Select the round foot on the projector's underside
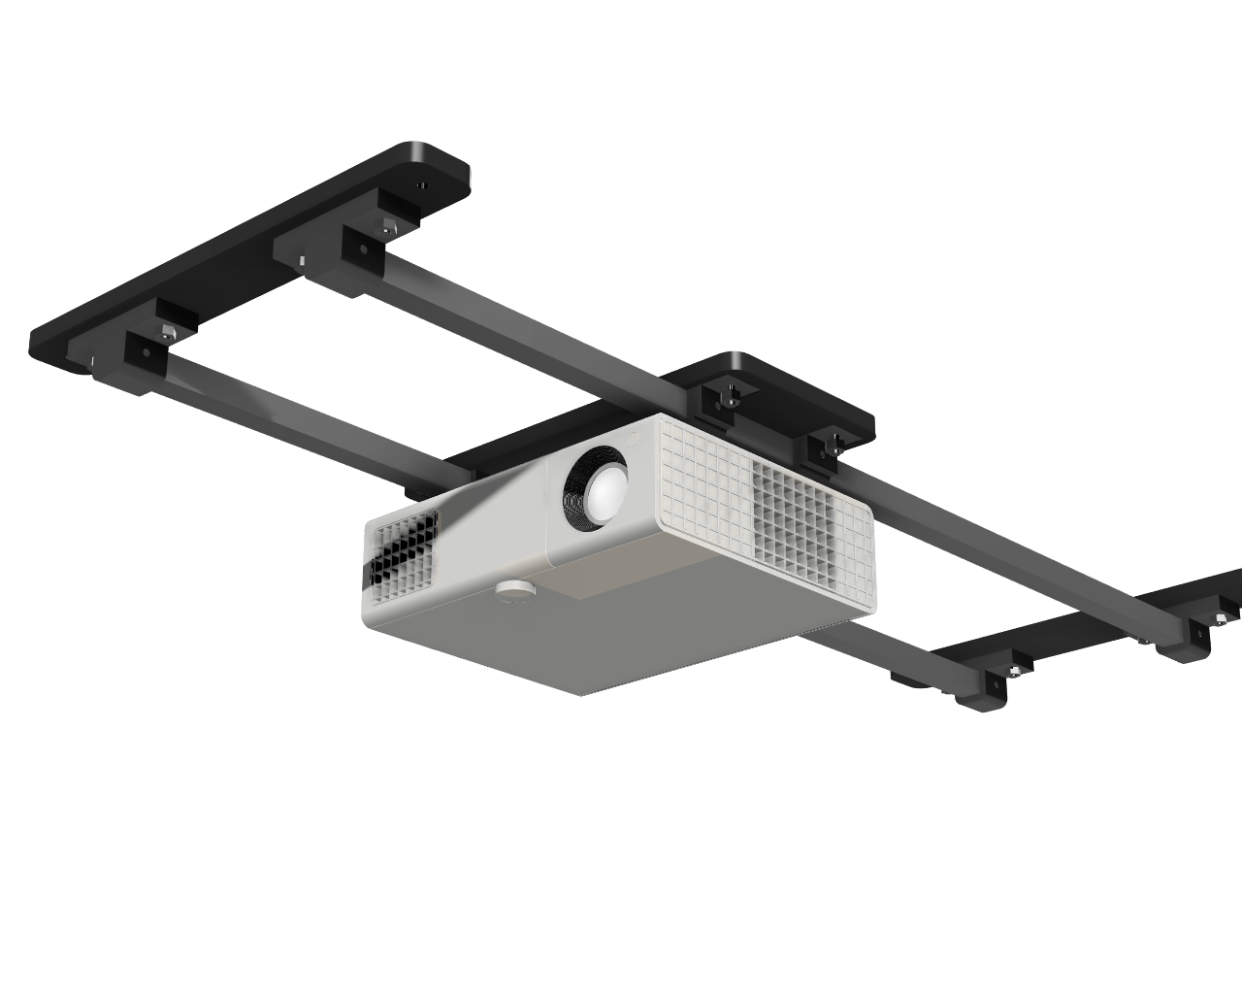pyautogui.click(x=515, y=589)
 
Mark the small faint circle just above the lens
pyautogui.click(x=633, y=439)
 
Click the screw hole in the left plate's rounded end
pyautogui.click(x=421, y=183)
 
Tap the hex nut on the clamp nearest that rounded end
pyautogui.click(x=387, y=229)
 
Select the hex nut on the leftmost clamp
pyautogui.click(x=167, y=331)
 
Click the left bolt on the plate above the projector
pyautogui.click(x=730, y=395)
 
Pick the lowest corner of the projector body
pyautogui.click(x=580, y=693)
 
